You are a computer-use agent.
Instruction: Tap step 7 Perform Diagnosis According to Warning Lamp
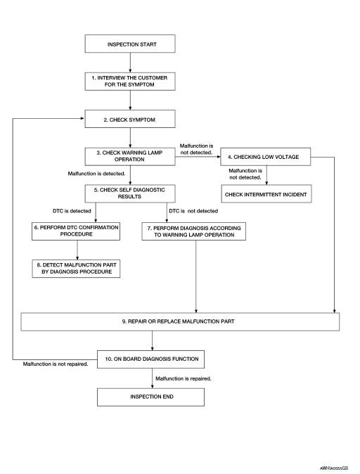(x=197, y=231)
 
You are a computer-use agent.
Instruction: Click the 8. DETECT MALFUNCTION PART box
(x=76, y=268)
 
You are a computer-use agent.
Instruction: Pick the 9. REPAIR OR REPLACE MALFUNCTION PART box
(x=180, y=321)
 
